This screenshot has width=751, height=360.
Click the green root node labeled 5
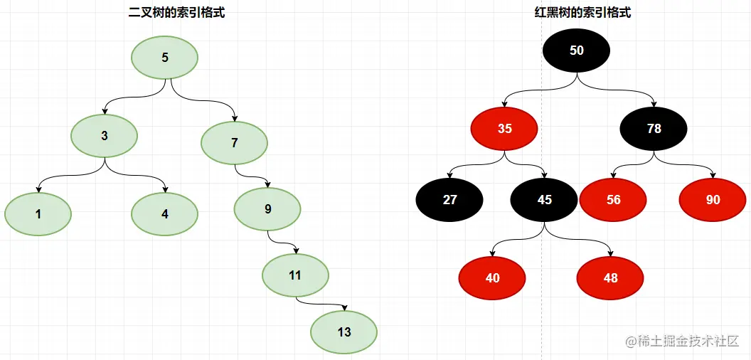coord(165,58)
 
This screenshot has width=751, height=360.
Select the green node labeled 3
coord(105,135)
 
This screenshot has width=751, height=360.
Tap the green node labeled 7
coord(234,142)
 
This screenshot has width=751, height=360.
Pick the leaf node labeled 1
coord(38,213)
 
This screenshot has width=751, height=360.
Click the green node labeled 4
coord(165,213)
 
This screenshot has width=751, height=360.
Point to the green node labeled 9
coord(268,209)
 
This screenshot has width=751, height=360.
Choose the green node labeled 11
coord(295,275)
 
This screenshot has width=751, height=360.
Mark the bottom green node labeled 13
coord(344,332)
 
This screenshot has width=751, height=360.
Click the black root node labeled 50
coord(577,51)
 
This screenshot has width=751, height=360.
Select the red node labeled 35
coord(504,129)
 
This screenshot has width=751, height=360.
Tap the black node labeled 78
coord(654,129)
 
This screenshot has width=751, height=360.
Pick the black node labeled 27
coord(449,200)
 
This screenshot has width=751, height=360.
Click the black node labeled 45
coord(544,200)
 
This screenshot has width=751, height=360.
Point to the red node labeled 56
coord(613,200)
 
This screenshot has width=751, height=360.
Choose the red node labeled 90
coord(713,200)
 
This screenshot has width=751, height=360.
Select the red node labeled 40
coord(492,278)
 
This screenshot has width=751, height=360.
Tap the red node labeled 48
coord(610,278)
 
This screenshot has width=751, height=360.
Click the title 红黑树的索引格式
coord(582,12)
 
